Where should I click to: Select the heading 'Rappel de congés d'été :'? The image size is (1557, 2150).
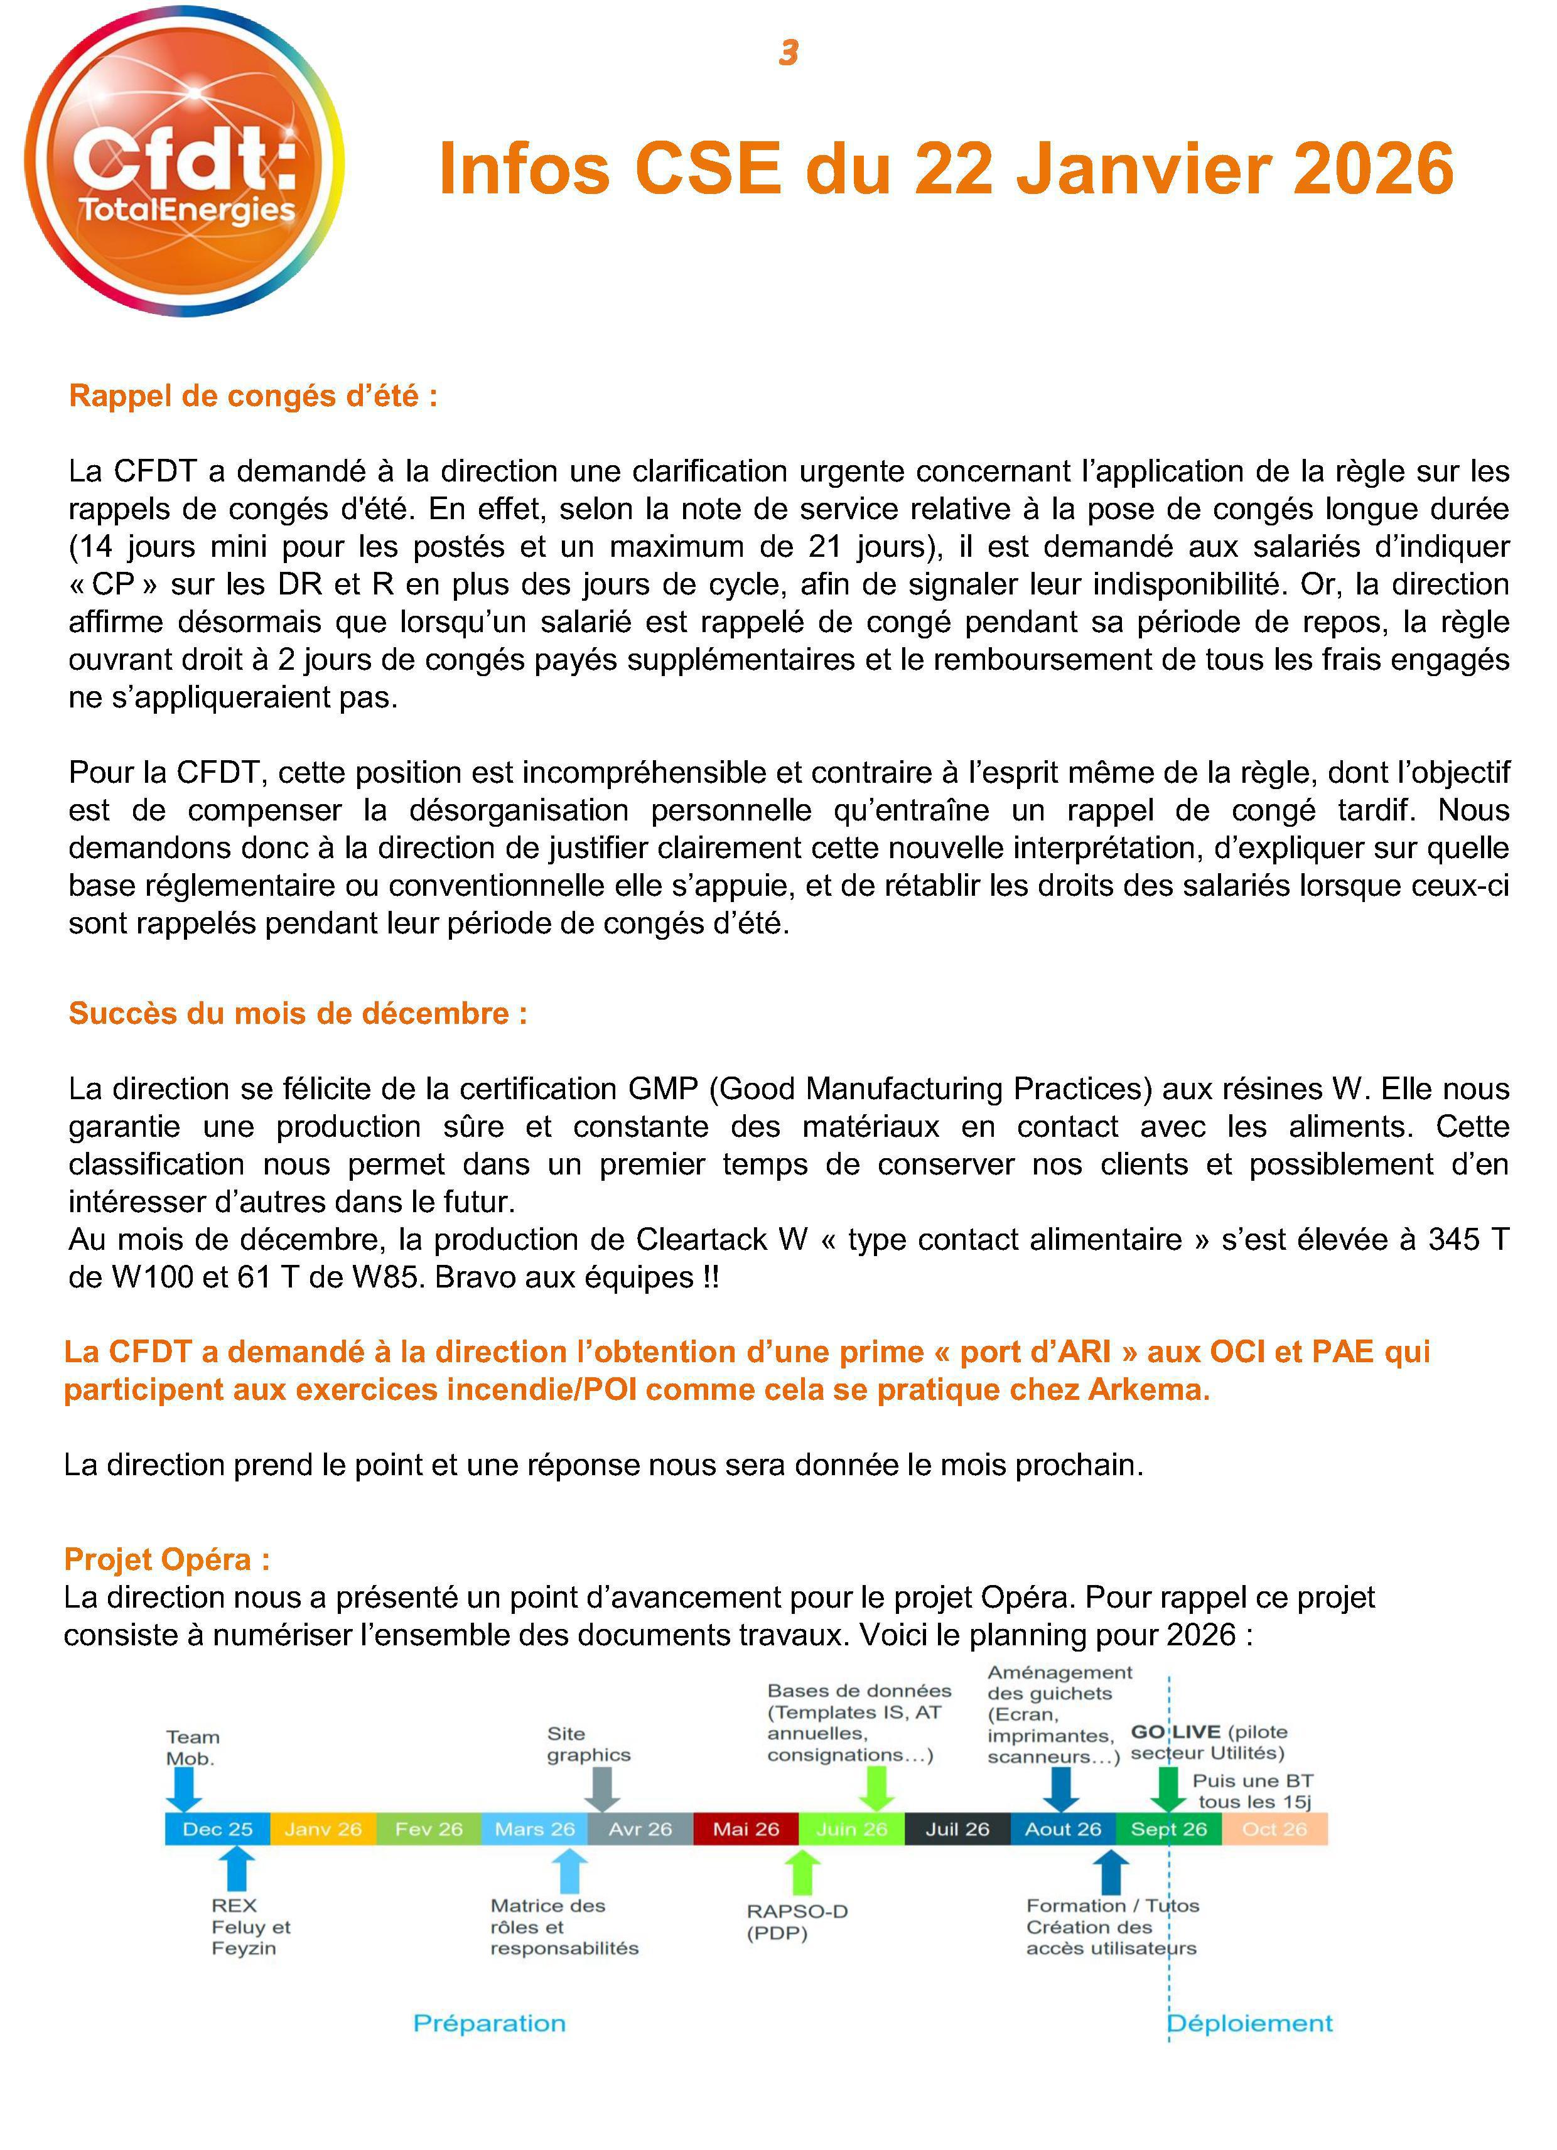coord(253,395)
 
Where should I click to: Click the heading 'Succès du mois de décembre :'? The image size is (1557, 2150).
coord(298,1013)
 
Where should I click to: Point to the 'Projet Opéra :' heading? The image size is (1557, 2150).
coord(167,1559)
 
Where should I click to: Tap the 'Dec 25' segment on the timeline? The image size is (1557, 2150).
coord(217,1829)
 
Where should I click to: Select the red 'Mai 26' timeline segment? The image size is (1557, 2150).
coord(745,1829)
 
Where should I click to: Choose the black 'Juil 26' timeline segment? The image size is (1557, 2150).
coord(957,1829)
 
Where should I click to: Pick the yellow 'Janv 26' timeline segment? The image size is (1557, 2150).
coord(323,1829)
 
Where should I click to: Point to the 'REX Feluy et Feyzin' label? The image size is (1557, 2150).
coord(251,1927)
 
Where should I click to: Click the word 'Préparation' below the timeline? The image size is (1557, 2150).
coord(489,2023)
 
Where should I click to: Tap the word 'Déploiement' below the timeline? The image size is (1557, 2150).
coord(1250,2023)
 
